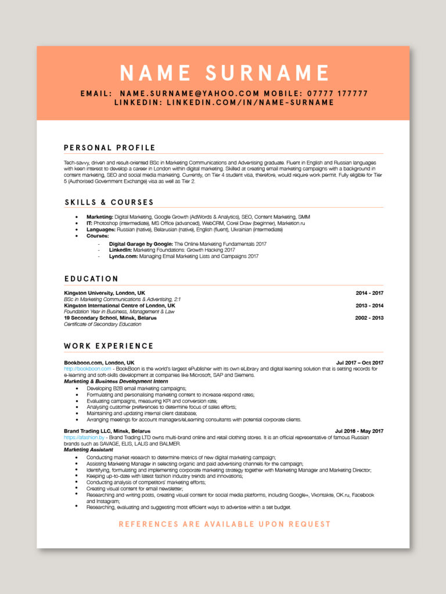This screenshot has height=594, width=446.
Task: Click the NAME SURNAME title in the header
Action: point(224,73)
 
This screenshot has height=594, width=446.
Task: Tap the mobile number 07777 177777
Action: point(337,93)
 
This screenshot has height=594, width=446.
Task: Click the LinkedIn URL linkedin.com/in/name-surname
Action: point(250,103)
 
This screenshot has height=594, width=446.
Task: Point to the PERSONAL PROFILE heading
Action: point(110,147)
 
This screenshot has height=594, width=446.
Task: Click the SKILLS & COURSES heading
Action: point(109,202)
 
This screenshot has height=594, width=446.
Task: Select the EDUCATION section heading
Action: point(91,279)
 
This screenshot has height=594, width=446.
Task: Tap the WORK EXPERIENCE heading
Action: point(109,346)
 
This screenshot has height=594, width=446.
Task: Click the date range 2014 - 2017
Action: point(369,293)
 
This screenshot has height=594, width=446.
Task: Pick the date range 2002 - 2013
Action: point(369,318)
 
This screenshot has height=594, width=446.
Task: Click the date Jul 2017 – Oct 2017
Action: point(359,363)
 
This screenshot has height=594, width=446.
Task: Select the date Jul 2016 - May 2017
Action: point(359,431)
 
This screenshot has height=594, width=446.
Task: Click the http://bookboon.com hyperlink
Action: point(87,369)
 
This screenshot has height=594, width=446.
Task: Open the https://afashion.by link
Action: point(84,437)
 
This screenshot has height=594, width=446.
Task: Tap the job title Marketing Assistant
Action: point(88,450)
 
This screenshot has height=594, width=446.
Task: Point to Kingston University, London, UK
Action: point(105,293)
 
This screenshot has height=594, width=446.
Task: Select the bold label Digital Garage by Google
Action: point(141,244)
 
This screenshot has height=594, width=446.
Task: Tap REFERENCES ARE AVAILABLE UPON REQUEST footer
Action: point(224,524)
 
